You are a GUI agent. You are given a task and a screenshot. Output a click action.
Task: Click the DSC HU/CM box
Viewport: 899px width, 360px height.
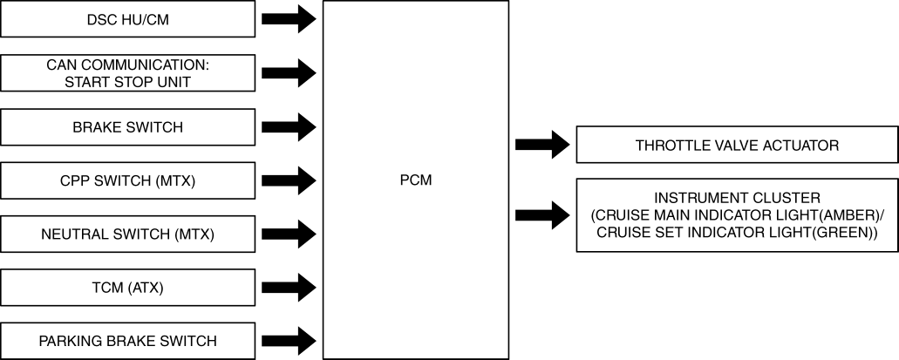[x=127, y=19]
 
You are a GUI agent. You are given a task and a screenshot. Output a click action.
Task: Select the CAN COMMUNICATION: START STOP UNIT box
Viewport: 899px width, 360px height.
[x=127, y=73]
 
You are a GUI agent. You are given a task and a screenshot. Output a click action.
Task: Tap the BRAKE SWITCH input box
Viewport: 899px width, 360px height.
[x=127, y=127]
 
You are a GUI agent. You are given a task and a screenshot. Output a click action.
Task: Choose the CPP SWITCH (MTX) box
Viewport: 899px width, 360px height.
[x=127, y=180]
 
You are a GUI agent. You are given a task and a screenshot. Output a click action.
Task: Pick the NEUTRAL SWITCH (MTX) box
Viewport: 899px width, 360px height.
[x=127, y=234]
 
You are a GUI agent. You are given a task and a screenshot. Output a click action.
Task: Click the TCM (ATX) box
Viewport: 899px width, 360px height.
[x=127, y=287]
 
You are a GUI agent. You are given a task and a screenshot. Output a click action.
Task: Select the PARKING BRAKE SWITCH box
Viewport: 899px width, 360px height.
[x=127, y=340]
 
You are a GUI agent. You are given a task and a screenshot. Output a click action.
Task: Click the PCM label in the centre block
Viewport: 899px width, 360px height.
[x=415, y=180]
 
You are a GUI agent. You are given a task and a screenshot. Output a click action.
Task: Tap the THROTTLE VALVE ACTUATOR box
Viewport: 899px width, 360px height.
[x=737, y=146]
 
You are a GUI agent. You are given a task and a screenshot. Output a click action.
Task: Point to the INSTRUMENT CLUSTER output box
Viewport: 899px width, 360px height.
[x=737, y=214]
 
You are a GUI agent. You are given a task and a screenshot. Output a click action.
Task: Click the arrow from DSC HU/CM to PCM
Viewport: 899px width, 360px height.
[x=289, y=19]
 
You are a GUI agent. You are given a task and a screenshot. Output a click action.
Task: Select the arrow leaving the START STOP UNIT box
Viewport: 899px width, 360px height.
[x=289, y=73]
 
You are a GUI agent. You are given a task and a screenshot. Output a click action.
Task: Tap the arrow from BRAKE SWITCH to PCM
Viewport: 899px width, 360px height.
[x=289, y=127]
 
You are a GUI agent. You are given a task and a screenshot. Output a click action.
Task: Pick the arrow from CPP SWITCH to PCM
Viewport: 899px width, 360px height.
[x=289, y=180]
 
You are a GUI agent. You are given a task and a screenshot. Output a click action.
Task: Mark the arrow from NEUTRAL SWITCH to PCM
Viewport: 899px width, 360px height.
[x=289, y=234]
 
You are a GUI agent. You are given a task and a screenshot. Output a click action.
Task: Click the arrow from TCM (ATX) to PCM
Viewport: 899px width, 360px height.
[x=289, y=287]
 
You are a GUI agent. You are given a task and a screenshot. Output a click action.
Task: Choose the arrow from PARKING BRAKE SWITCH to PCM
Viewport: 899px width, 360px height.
[x=289, y=340]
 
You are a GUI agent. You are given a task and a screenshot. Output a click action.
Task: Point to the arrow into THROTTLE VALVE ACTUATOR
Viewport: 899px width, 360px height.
[x=541, y=146]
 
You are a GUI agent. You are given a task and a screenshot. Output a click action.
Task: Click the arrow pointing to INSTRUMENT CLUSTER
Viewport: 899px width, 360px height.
[x=541, y=214]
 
